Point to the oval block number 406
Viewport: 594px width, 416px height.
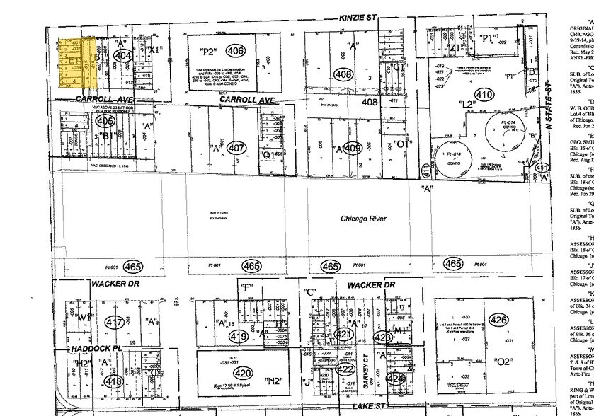click(x=235, y=50)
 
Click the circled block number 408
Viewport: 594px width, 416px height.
click(x=344, y=74)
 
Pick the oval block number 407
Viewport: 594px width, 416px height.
click(x=236, y=149)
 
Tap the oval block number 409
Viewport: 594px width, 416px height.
click(x=353, y=149)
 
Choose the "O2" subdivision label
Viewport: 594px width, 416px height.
click(x=504, y=381)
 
